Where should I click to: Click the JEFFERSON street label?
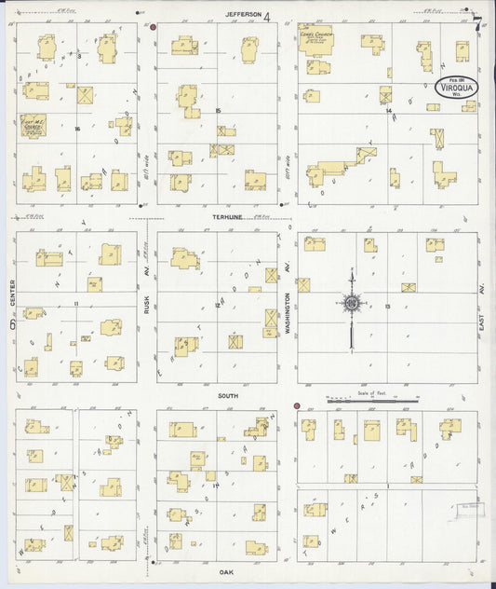point(244,14)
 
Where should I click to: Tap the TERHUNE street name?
point(225,216)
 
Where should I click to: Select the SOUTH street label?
point(228,396)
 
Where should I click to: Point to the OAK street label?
point(225,571)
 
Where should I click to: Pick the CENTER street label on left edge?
point(10,298)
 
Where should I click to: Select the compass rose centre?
point(352,302)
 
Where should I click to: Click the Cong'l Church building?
point(316,40)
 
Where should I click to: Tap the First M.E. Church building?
point(33,125)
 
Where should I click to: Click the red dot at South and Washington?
point(297,406)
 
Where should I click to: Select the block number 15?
point(218,111)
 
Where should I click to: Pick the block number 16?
point(78,128)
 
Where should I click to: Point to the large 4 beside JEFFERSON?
point(266,15)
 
